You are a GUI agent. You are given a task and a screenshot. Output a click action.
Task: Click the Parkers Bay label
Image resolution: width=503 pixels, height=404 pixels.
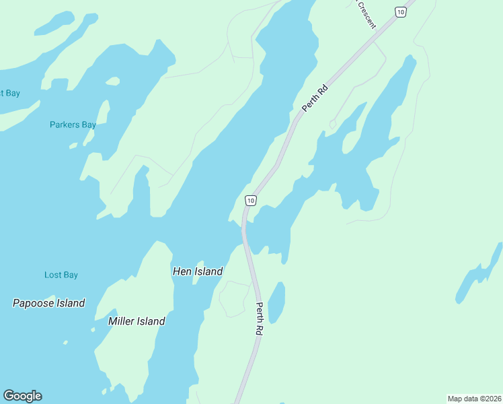[x=73, y=125]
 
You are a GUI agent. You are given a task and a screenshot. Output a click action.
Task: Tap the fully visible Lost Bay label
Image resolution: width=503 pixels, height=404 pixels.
[x=61, y=275]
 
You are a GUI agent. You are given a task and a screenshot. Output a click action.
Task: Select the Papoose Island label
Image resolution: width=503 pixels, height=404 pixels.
[x=49, y=303]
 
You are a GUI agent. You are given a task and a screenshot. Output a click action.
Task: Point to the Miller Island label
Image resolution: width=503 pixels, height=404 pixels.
[x=137, y=321]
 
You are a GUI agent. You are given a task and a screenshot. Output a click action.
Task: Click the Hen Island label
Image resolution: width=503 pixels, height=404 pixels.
[x=198, y=271]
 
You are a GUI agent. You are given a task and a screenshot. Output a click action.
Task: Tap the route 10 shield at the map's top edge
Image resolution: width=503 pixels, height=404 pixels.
[x=401, y=11]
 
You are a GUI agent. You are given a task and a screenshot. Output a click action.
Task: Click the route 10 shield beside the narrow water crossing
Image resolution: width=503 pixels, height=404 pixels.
[x=250, y=201]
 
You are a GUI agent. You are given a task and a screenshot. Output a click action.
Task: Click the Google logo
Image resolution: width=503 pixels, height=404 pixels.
[x=22, y=396]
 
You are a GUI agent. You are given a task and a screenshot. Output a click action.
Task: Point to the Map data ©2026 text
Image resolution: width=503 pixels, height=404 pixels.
[x=474, y=399]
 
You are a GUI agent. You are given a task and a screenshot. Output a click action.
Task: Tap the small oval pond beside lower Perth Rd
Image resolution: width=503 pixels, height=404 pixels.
[x=276, y=302]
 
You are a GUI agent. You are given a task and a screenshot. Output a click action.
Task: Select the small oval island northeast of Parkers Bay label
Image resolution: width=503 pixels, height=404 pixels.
[x=113, y=81]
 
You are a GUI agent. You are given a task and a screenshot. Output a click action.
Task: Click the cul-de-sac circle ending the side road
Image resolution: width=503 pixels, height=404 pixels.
[x=332, y=124]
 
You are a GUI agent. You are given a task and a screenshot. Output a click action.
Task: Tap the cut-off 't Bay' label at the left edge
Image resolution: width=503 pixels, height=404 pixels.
[x=10, y=93]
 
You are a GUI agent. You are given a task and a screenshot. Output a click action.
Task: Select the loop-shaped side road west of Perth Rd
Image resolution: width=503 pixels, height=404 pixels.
[x=232, y=299]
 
